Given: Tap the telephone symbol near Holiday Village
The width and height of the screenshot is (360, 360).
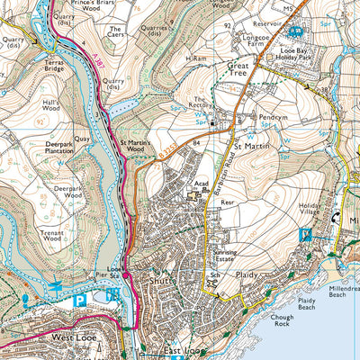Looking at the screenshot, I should pyautogui.click(x=304, y=236).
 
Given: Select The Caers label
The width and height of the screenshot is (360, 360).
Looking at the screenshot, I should pyautogui.click(x=114, y=29).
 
